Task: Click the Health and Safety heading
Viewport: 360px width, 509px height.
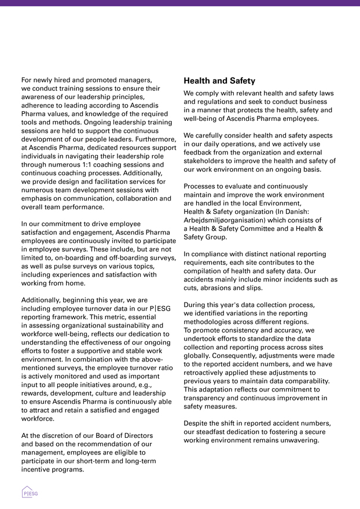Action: [219, 81]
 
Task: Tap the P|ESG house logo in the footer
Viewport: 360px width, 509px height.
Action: [30, 492]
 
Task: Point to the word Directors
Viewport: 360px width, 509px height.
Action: [135, 435]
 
